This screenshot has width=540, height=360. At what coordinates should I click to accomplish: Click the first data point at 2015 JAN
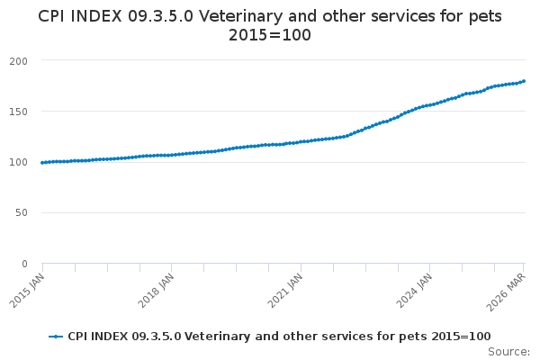coord(42,163)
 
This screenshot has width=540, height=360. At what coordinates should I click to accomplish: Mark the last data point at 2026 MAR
coord(524,81)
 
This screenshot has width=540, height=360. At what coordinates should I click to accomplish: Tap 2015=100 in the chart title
coord(270,35)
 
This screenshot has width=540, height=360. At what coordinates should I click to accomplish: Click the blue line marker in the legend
coord(57,336)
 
